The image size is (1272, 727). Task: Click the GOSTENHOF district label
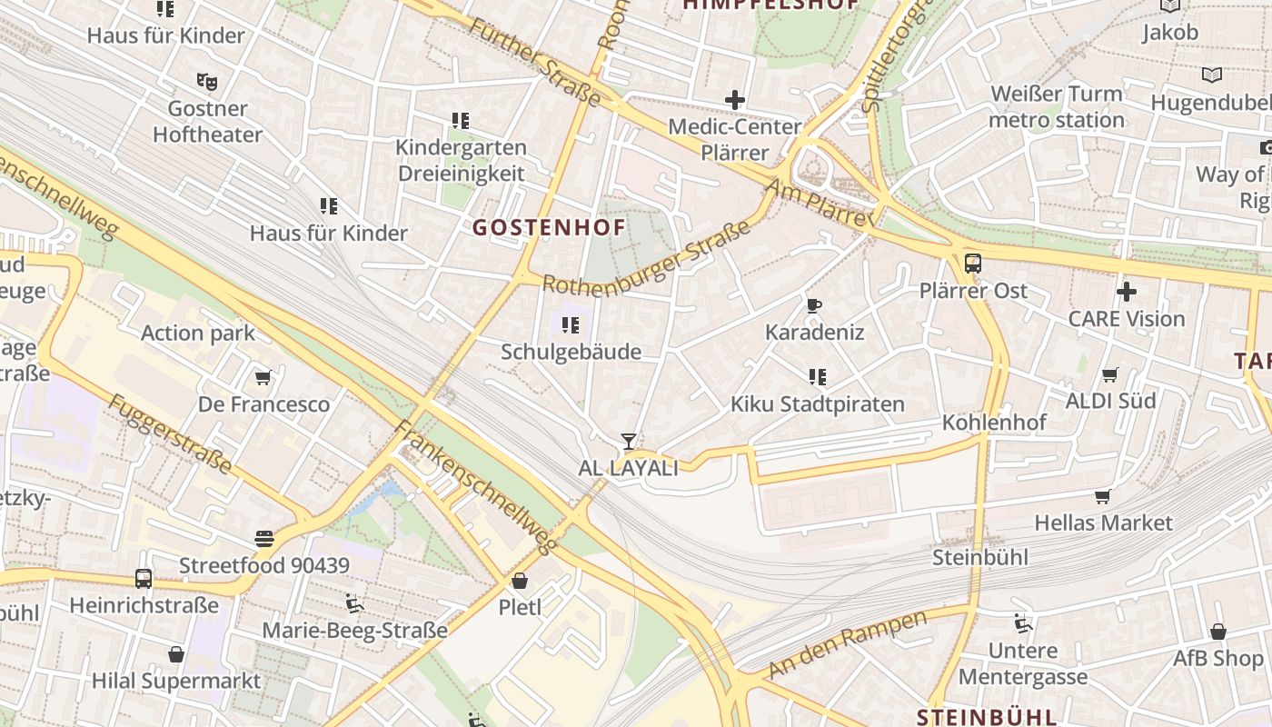(x=549, y=227)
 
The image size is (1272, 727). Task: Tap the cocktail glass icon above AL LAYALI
(x=628, y=442)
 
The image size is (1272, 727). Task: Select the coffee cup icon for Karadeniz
(x=814, y=305)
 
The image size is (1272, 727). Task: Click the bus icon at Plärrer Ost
(x=973, y=264)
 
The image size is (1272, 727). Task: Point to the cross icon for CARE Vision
(x=1127, y=292)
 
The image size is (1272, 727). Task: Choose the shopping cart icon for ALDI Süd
(x=1109, y=374)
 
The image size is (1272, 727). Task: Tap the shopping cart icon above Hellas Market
(x=1103, y=496)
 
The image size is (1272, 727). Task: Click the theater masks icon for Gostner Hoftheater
(x=207, y=82)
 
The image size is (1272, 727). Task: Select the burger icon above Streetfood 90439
(x=264, y=539)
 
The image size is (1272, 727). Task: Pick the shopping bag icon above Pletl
(x=520, y=580)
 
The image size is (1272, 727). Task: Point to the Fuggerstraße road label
(x=170, y=433)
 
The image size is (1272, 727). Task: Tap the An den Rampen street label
(x=847, y=644)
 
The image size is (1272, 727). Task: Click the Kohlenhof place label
(x=994, y=423)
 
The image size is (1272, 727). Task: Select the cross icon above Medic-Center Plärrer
(x=734, y=100)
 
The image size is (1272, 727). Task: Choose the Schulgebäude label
(x=571, y=352)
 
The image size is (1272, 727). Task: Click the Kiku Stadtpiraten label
(x=818, y=404)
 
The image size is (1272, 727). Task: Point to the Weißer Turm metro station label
(x=1057, y=107)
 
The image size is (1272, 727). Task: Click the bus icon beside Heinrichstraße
(x=144, y=578)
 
